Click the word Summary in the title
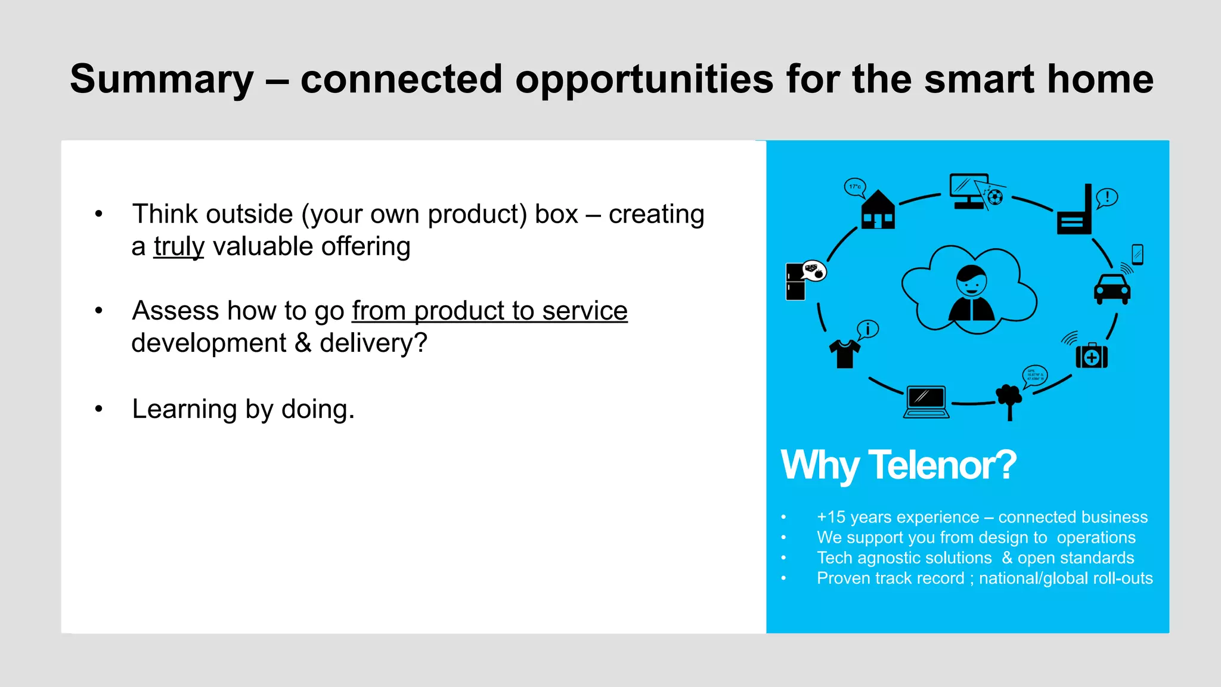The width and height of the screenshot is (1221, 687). (162, 79)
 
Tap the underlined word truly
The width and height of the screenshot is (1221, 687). (179, 246)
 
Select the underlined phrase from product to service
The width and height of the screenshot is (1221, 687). (489, 311)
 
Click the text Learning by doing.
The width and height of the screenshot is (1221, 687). (243, 409)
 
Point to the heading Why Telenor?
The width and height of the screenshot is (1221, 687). (898, 465)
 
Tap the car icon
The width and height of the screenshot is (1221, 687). (1112, 289)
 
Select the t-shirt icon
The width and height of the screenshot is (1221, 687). (845, 354)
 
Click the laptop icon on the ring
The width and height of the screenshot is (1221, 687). (926, 402)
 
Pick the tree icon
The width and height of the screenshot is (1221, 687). (1009, 400)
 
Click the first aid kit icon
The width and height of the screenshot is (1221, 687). (1092, 356)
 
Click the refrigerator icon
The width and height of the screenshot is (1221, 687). (795, 281)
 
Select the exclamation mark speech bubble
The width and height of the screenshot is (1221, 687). (1107, 197)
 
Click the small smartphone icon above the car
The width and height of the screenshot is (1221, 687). (1138, 255)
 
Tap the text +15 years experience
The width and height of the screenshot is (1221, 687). (898, 517)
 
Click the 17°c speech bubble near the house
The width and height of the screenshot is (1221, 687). (855, 187)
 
